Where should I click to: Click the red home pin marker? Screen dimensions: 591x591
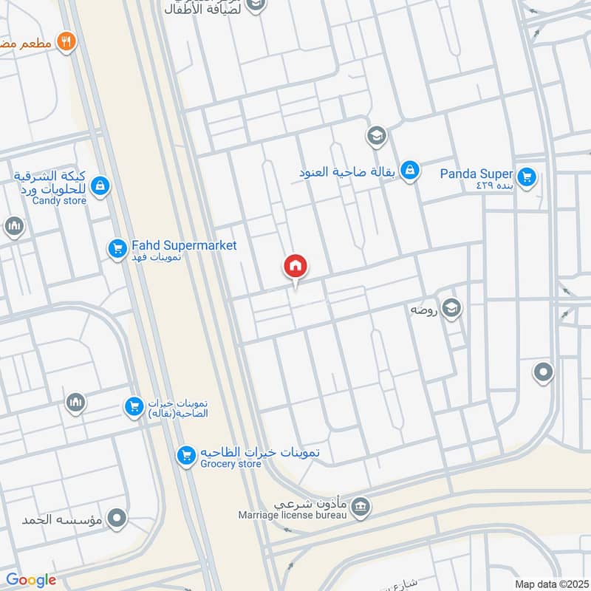click(x=295, y=267)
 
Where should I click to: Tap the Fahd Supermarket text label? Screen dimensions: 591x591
click(x=184, y=245)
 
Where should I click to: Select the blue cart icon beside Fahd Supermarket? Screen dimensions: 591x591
click(x=116, y=249)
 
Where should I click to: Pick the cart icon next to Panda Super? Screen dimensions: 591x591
click(x=526, y=176)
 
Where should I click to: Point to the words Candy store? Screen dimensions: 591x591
click(x=60, y=201)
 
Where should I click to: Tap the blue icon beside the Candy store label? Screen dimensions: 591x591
click(x=101, y=186)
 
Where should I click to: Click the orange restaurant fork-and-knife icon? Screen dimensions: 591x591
click(x=67, y=41)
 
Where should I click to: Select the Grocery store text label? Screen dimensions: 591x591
click(x=230, y=464)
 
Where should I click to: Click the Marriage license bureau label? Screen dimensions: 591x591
click(x=292, y=514)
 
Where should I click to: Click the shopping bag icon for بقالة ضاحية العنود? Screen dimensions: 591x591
click(x=411, y=171)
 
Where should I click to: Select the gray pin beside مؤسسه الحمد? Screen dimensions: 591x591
click(x=116, y=519)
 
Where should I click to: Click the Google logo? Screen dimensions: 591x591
click(x=31, y=580)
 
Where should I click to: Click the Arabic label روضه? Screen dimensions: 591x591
click(x=426, y=310)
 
